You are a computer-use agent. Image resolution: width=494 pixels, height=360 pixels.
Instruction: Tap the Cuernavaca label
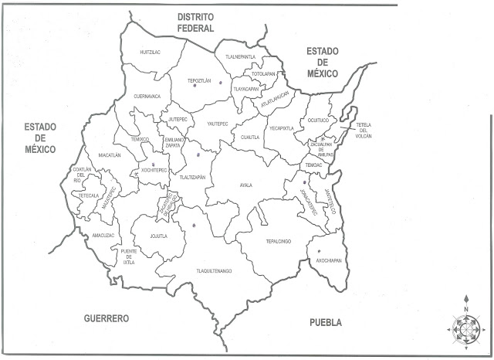(x=147, y=97)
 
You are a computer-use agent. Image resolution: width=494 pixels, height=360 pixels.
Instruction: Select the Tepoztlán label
(x=199, y=80)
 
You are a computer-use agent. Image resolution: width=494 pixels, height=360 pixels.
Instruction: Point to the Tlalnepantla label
(x=240, y=56)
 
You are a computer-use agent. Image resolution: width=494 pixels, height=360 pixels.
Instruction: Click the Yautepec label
(x=218, y=123)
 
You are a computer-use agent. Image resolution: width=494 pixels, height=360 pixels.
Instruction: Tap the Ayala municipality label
(x=245, y=185)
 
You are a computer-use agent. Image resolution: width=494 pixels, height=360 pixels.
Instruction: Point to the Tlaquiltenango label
(x=214, y=271)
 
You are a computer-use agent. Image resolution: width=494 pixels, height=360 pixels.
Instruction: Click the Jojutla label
(x=159, y=236)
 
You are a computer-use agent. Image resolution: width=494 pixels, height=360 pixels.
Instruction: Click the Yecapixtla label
(x=281, y=128)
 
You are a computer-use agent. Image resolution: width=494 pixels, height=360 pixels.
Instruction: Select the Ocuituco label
(x=318, y=121)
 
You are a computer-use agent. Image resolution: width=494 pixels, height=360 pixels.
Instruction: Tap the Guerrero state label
(x=107, y=318)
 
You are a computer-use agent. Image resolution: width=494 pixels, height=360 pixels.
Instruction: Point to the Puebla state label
(x=325, y=323)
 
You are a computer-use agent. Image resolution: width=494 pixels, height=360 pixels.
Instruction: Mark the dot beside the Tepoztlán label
(x=220, y=82)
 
